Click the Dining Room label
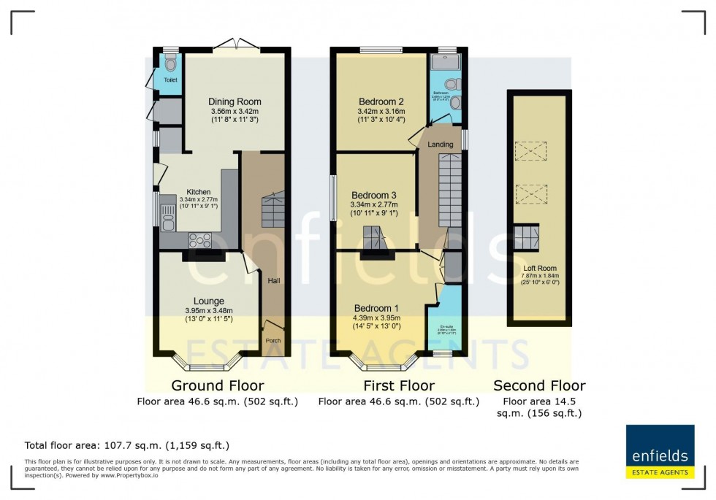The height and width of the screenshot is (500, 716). pos(235,101)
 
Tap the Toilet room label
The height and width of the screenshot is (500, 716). pos(170,80)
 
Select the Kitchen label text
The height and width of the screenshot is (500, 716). pos(178,192)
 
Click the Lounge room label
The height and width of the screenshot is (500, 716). pos(208,301)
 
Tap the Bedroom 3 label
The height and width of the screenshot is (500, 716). pos(373,195)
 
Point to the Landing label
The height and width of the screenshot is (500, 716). pos(441,145)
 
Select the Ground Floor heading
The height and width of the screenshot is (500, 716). pos(217,385)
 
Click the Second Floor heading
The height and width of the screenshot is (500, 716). pos(539,385)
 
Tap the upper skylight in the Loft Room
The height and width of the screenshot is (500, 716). pos(530,151)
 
